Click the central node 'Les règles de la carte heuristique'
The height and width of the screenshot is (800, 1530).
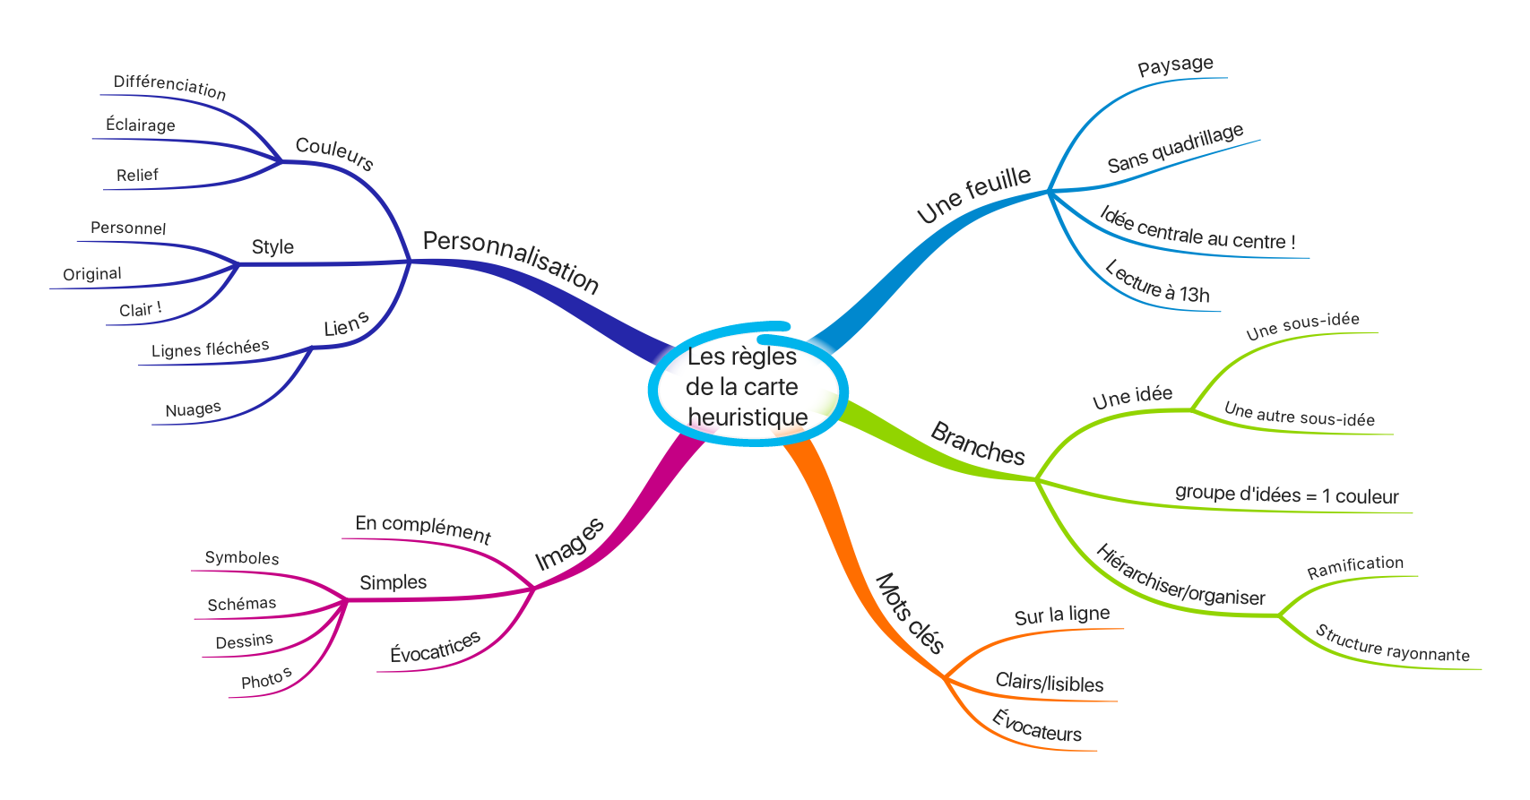pyautogui.click(x=748, y=386)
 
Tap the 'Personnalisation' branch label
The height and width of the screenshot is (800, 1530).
pyautogui.click(x=511, y=262)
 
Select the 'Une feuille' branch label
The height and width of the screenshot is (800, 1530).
pyautogui.click(x=974, y=194)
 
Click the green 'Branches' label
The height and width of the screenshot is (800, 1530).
pyautogui.click(x=978, y=443)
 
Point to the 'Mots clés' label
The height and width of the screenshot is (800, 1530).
pyautogui.click(x=910, y=613)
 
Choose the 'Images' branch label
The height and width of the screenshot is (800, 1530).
pyautogui.click(x=569, y=544)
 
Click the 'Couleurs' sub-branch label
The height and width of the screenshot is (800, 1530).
pyautogui.click(x=334, y=153)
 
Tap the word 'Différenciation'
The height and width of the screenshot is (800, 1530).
pyautogui.click(x=169, y=87)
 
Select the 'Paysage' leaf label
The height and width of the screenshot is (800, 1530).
pyautogui.click(x=1175, y=65)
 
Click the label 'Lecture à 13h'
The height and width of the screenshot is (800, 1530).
pyautogui.click(x=1157, y=281)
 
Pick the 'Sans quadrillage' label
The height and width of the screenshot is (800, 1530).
pyautogui.click(x=1175, y=148)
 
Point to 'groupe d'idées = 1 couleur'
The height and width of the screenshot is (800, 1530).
pyautogui.click(x=1287, y=495)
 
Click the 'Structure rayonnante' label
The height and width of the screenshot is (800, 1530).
pyautogui.click(x=1393, y=644)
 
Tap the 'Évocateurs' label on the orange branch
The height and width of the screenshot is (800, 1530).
pyautogui.click(x=1037, y=726)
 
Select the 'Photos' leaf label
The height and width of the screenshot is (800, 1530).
pyautogui.click(x=266, y=678)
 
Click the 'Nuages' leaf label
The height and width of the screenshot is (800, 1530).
pyautogui.click(x=194, y=409)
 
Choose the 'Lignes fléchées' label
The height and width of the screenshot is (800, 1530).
pyautogui.click(x=211, y=348)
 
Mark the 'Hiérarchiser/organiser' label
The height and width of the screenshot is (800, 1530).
pyautogui.click(x=1180, y=575)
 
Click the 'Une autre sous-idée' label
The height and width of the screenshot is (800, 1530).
pyautogui.click(x=1299, y=415)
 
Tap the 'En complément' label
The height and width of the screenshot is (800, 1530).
pyautogui.click(x=423, y=529)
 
